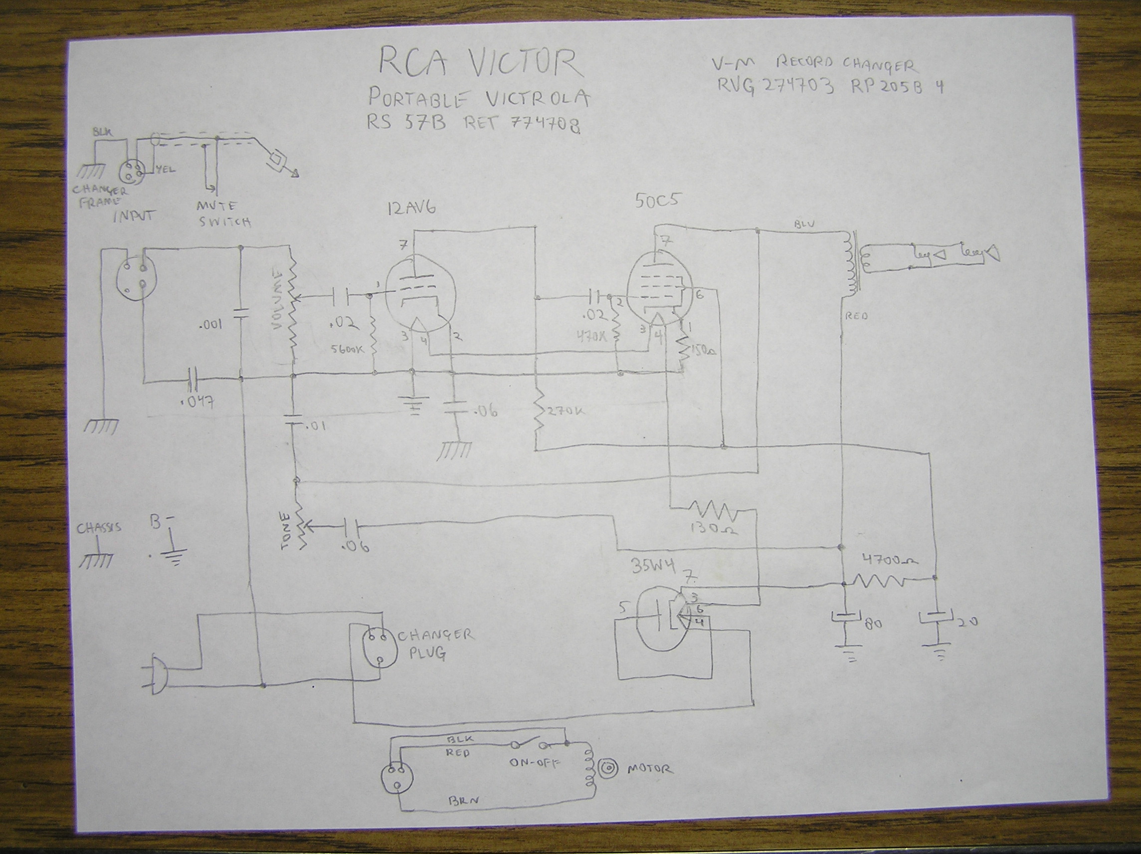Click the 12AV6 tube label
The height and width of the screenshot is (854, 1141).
click(x=410, y=208)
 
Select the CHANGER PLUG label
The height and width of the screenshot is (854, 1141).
click(x=434, y=643)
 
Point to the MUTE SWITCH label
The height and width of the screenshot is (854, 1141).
click(x=223, y=214)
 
